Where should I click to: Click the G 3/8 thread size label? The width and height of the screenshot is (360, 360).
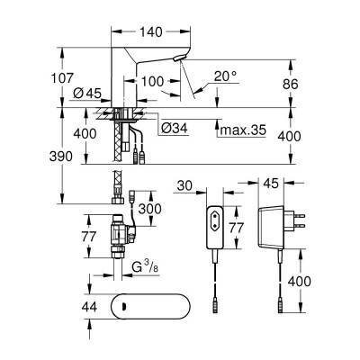tap(141, 269)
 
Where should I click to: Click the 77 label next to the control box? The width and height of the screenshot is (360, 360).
tap(236, 229)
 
